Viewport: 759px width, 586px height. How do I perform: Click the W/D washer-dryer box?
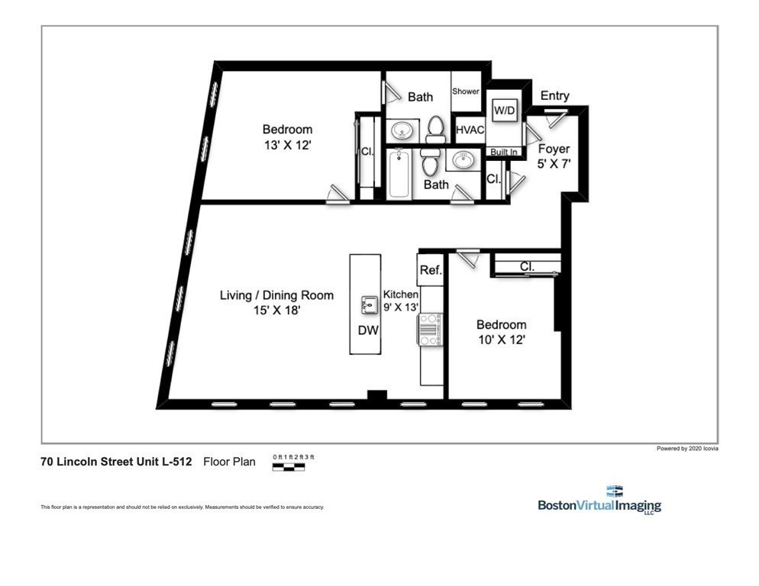(x=504, y=111)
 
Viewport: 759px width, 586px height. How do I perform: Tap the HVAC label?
(x=470, y=130)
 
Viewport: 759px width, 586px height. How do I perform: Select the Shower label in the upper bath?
(x=466, y=92)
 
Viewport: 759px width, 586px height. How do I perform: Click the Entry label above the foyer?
(x=554, y=95)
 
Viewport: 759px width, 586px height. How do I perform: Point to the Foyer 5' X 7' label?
(x=554, y=156)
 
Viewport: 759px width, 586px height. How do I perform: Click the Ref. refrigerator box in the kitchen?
(x=431, y=270)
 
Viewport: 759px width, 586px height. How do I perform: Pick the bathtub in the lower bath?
(x=399, y=175)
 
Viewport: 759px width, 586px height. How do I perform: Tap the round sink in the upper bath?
(x=402, y=131)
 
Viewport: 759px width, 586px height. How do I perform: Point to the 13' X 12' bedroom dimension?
(x=287, y=145)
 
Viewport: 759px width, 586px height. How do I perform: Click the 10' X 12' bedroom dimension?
(x=501, y=340)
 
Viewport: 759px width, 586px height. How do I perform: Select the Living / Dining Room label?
(x=276, y=295)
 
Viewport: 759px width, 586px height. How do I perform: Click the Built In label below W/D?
(x=504, y=152)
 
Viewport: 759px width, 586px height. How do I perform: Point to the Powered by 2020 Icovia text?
(x=686, y=449)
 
